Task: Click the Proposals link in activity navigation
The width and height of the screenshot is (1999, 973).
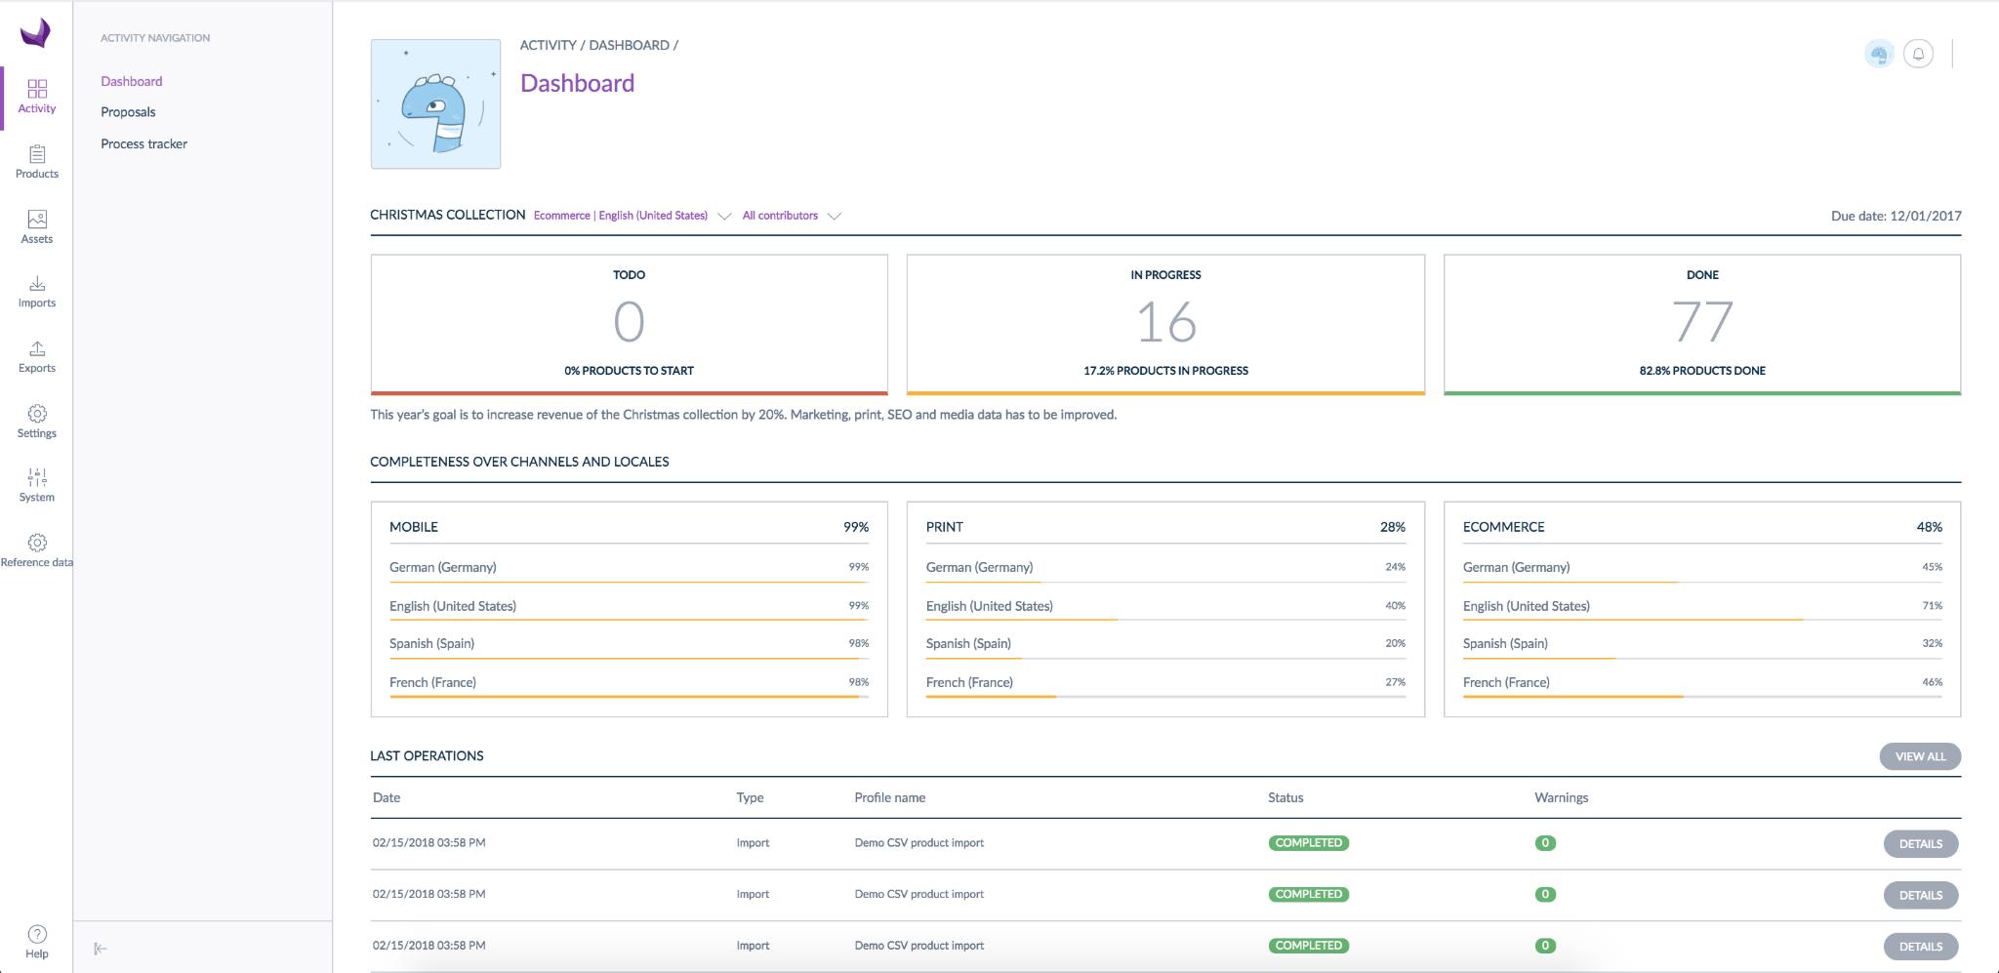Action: (128, 112)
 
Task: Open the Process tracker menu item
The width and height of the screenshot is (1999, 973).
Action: (143, 143)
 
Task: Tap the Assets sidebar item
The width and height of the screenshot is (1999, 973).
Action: (37, 227)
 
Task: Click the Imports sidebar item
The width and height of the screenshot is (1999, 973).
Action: (37, 292)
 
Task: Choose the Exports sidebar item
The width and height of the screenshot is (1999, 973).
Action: (37, 357)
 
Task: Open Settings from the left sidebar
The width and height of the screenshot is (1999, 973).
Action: (37, 422)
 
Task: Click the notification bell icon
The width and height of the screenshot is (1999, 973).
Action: (1918, 54)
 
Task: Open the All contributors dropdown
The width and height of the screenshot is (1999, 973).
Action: (792, 216)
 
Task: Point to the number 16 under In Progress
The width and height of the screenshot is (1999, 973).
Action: (1166, 322)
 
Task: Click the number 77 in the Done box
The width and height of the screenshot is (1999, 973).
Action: (1702, 322)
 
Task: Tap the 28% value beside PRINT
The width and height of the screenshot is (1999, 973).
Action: (1393, 527)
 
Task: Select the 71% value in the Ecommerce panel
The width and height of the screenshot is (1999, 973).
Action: (1933, 606)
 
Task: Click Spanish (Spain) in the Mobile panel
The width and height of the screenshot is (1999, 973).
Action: (431, 644)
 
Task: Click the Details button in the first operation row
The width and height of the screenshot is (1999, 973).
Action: (1921, 844)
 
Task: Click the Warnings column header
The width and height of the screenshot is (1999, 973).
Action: (1562, 797)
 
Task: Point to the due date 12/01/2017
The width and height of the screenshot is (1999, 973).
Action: (1926, 216)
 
